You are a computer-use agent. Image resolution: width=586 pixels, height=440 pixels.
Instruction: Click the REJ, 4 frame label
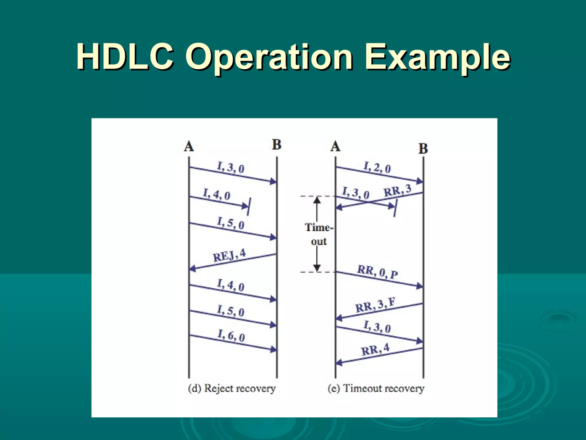coord(229,255)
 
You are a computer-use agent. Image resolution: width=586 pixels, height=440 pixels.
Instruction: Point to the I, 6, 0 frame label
coord(231,335)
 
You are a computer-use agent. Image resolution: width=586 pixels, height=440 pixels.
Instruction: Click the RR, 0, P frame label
coord(377,272)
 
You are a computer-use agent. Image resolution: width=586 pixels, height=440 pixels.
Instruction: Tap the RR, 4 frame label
coord(375,350)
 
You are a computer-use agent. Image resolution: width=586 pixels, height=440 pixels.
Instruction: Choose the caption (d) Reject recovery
coord(232,388)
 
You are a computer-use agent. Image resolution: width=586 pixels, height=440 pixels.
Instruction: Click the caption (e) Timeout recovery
coord(376,388)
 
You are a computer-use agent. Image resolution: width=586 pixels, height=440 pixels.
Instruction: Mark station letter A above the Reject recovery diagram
coord(189,146)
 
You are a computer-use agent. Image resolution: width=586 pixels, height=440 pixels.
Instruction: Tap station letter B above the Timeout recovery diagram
coord(423,149)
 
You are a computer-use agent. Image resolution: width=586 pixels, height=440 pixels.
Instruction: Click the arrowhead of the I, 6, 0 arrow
coord(274,349)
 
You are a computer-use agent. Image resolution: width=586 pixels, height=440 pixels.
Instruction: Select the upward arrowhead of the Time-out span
coord(317,200)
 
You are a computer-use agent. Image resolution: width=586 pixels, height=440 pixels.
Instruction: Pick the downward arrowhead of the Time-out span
coord(317,268)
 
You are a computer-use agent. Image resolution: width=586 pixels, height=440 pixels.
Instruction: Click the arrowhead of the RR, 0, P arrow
coord(420,286)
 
